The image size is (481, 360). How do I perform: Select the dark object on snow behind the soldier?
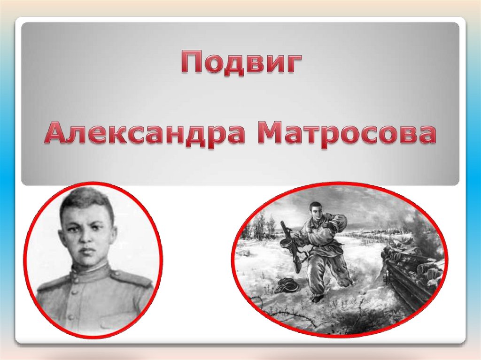[x=287, y=285]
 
